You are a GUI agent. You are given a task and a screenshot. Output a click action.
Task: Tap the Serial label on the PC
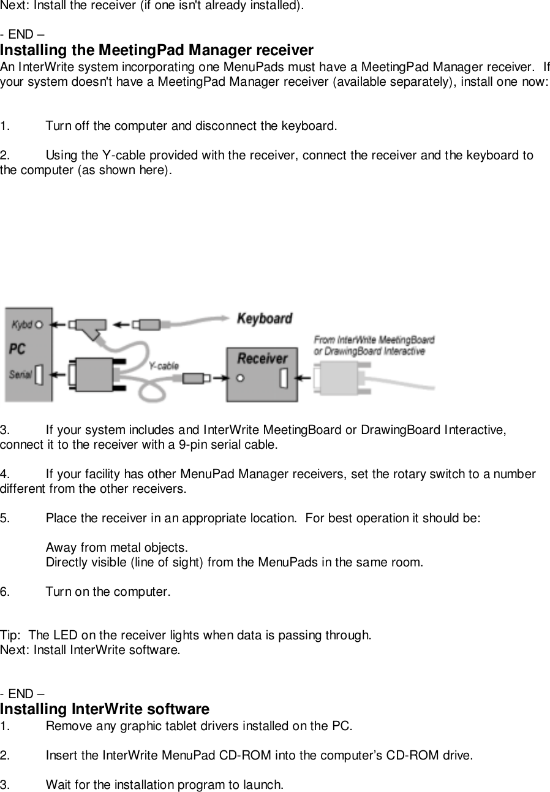pyautogui.click(x=20, y=373)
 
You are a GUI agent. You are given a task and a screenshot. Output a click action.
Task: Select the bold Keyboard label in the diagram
pyautogui.click(x=264, y=319)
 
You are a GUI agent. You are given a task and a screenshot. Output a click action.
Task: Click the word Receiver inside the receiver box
pyautogui.click(x=262, y=358)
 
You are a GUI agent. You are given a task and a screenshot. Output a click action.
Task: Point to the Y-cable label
pyautogui.click(x=164, y=365)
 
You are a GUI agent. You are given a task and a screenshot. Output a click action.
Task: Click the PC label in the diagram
pyautogui.click(x=17, y=348)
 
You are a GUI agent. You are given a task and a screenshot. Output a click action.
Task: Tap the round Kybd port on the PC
pyautogui.click(x=39, y=324)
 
